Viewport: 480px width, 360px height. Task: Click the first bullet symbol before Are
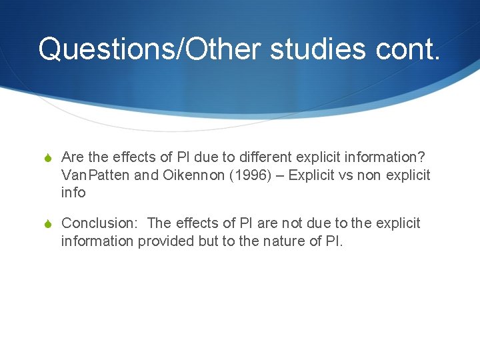[x=49, y=158]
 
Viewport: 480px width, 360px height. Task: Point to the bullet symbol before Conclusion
[x=49, y=223]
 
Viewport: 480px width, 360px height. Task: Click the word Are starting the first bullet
[x=73, y=157]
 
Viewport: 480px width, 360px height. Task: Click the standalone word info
[x=73, y=192]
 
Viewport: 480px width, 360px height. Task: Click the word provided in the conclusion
[x=166, y=240]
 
